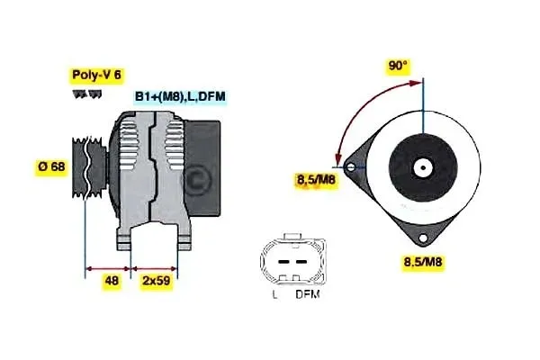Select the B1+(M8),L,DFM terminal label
(x=180, y=96)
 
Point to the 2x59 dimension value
(x=155, y=281)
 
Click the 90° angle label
(x=398, y=66)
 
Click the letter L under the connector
(x=274, y=294)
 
